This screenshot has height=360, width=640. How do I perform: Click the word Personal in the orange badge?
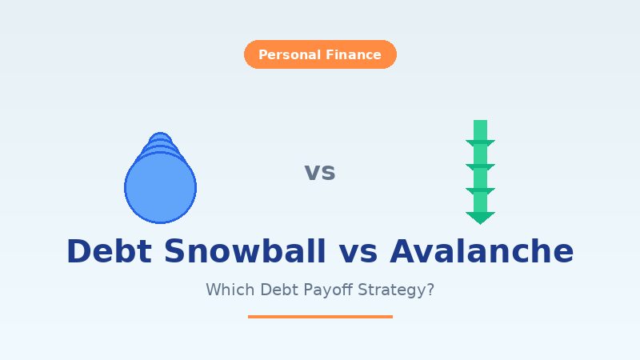click(x=288, y=55)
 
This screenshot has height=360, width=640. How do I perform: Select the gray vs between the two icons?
click(x=320, y=172)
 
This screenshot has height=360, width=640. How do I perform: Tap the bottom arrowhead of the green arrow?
click(x=480, y=218)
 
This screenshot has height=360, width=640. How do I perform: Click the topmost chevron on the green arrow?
click(x=480, y=144)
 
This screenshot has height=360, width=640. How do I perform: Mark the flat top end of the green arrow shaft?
click(x=480, y=122)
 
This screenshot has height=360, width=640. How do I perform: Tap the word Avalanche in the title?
click(x=482, y=251)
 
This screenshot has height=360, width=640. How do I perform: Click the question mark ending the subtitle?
click(x=430, y=290)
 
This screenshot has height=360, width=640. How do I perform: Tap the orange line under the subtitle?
click(x=320, y=317)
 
